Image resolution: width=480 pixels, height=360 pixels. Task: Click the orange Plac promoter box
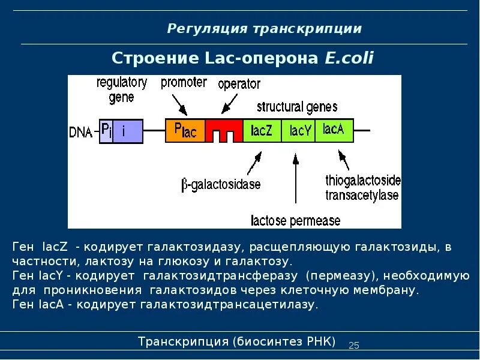tap(185, 131)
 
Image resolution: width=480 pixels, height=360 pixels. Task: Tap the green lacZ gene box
tap(262, 131)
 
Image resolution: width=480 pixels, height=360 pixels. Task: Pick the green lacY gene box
tap(300, 131)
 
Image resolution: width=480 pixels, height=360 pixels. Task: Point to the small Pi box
tap(106, 131)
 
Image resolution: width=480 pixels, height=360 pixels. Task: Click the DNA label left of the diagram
tap(80, 132)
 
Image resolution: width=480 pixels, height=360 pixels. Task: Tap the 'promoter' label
tap(184, 83)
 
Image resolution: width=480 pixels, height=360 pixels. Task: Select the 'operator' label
tap(239, 84)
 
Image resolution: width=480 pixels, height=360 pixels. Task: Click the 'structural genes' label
tap(297, 107)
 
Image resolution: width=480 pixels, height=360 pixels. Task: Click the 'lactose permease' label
tap(295, 221)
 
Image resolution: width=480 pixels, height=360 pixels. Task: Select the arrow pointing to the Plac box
tap(181, 106)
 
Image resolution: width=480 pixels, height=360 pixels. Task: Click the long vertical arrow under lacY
tap(295, 180)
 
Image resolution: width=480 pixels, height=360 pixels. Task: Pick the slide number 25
tap(353, 345)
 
